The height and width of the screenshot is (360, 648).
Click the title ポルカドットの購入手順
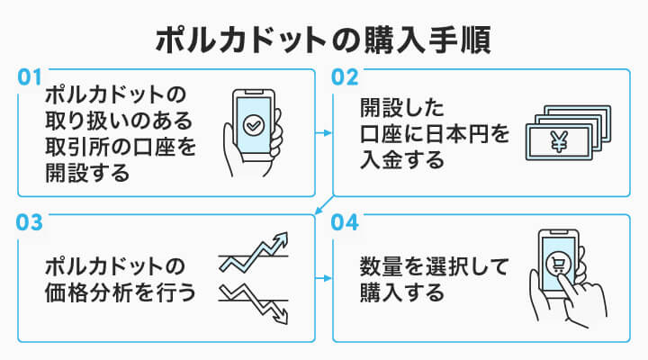(324, 40)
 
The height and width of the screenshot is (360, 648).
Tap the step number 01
(31, 78)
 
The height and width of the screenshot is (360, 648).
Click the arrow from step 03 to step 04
(324, 278)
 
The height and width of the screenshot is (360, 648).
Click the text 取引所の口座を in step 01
(120, 146)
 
